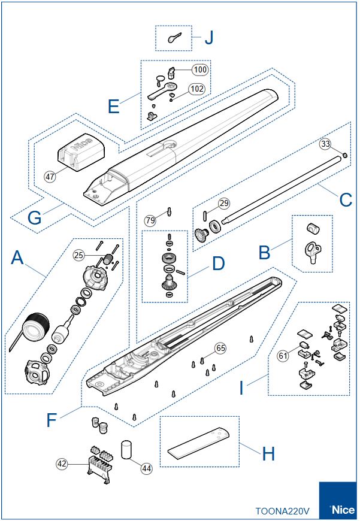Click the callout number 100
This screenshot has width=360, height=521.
(200, 69)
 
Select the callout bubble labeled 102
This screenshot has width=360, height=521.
(196, 89)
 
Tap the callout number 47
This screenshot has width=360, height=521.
(50, 176)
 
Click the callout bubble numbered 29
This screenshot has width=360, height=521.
(223, 202)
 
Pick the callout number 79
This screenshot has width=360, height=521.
(150, 220)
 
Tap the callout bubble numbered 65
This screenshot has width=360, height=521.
(221, 347)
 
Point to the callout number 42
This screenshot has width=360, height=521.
(62, 463)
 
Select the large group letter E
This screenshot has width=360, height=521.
(114, 107)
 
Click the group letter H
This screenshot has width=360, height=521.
(269, 453)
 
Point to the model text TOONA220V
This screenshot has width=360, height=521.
(283, 511)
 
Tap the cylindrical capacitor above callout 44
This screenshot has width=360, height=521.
(126, 449)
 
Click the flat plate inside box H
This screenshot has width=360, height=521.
(198, 441)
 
